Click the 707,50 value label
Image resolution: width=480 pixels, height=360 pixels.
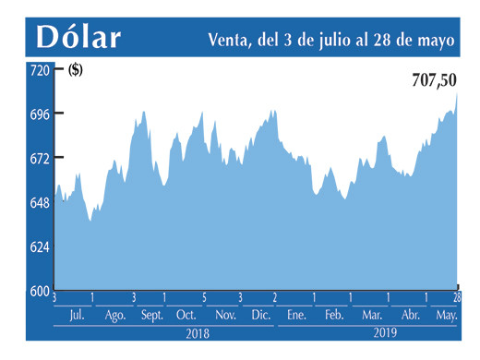click(433, 81)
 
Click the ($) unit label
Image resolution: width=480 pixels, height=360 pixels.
click(74, 70)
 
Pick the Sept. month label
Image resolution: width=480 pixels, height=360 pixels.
click(151, 316)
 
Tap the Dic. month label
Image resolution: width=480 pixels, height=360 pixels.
click(260, 316)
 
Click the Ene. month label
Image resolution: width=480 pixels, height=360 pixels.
click(296, 316)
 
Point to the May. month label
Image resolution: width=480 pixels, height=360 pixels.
click(447, 316)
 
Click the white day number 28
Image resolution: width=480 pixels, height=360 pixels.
click(456, 297)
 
